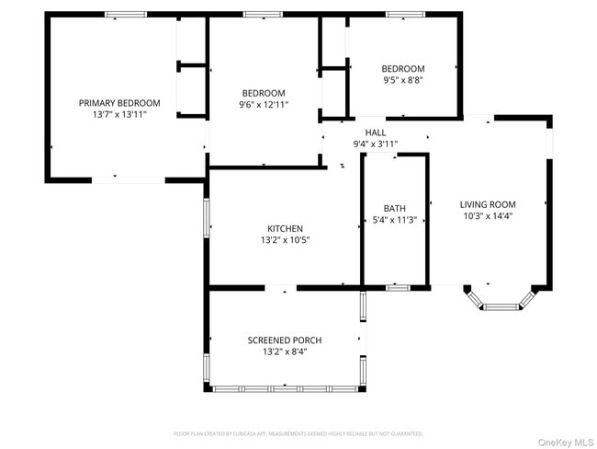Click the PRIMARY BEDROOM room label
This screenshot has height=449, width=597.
coord(119,103)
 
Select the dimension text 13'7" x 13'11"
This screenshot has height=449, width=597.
coord(119,115)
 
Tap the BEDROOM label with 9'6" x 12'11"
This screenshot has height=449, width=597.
coord(264,93)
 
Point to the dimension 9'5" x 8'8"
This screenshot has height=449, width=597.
coord(403,80)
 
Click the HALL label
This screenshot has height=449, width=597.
coord(376,132)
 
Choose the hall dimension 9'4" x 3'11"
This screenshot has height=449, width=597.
coord(376,144)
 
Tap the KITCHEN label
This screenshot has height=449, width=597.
coord(285,229)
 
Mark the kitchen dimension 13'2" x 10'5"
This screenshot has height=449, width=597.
coord(285,240)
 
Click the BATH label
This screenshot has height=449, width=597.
coord(395,209)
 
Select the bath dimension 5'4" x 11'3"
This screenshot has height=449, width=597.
coord(395,220)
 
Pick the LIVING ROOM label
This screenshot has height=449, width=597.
coord(488,205)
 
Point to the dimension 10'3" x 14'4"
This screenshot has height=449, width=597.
coord(488,217)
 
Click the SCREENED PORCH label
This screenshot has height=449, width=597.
coord(285,340)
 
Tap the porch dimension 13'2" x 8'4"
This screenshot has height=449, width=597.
coord(285,351)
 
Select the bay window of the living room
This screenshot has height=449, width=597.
coord(500,302)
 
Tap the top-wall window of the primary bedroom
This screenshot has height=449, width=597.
coord(126,15)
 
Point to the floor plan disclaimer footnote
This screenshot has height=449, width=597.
coord(298,432)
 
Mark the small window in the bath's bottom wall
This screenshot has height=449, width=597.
coord(397,288)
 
